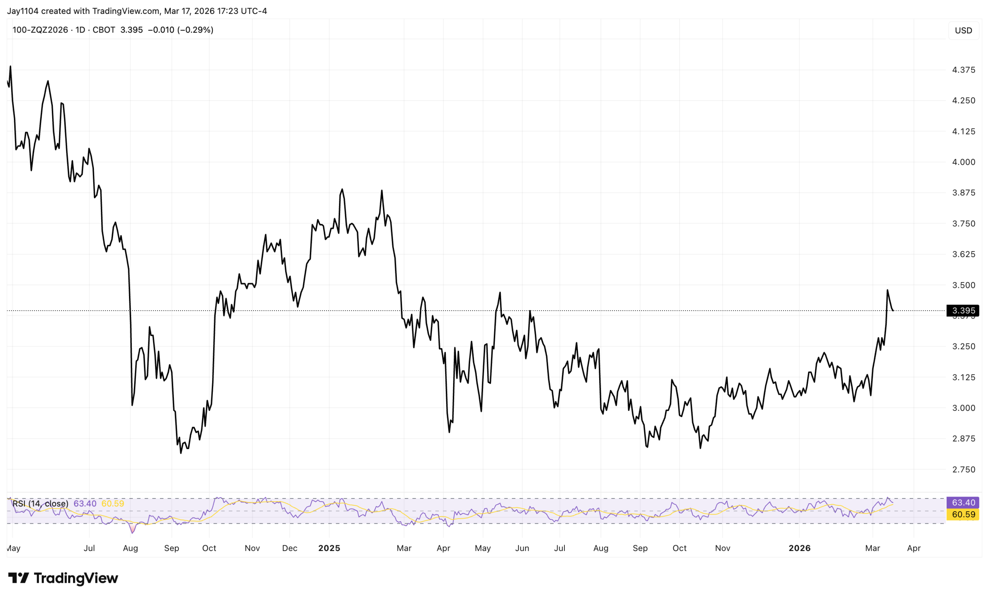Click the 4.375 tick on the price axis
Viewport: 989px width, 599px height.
[964, 70]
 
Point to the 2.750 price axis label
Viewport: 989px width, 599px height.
[964, 469]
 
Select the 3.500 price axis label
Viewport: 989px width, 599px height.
[964, 285]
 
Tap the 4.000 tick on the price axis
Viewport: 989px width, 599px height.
[964, 162]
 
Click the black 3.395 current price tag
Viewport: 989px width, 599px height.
[963, 311]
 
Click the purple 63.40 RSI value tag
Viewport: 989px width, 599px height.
[963, 503]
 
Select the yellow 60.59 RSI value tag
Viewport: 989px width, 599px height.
[963, 514]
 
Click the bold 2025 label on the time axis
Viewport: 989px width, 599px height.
[329, 548]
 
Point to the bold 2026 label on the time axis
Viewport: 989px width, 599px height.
[799, 548]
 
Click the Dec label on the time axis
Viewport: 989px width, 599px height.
[289, 548]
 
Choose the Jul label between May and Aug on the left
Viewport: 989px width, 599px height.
[89, 548]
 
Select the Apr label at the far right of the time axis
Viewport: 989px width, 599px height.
[914, 548]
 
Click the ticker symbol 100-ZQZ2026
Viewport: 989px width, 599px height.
[40, 30]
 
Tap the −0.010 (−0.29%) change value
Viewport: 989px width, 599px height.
[181, 30]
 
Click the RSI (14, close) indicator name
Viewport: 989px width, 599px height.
[40, 504]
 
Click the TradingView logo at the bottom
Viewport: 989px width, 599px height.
[63, 578]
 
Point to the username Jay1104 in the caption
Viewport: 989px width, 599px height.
[22, 11]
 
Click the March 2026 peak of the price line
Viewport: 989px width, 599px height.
[887, 290]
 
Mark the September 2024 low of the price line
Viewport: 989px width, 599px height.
[181, 453]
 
